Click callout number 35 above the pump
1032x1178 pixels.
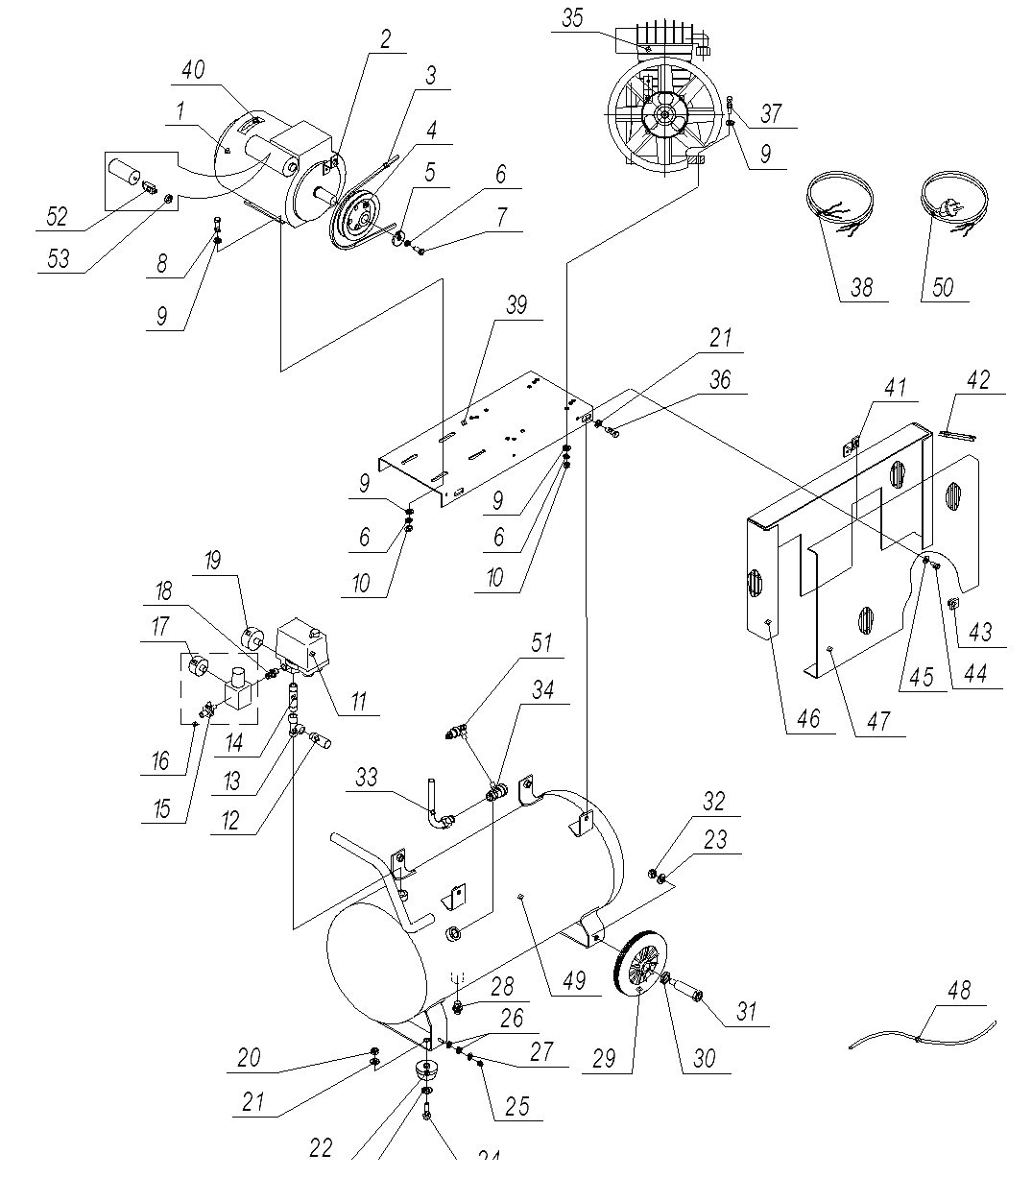point(572,18)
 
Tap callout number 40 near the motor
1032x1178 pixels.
point(193,70)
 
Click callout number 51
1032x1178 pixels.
point(541,643)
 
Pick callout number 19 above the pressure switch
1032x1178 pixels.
point(213,561)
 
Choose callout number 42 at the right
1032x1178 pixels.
point(978,380)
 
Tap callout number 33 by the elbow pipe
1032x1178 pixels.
point(367,777)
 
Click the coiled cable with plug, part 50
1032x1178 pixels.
point(953,203)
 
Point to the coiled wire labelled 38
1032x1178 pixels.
point(840,204)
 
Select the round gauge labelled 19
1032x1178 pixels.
point(252,638)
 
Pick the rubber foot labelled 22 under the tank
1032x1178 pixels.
point(427,1069)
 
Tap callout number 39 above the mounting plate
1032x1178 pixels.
point(516,305)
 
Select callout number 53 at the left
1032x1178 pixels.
point(59,259)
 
